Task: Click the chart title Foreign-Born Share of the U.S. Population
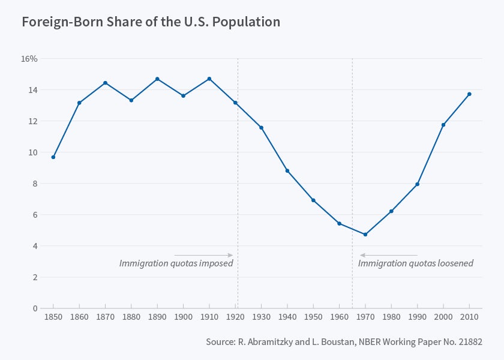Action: click(151, 22)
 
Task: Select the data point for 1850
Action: click(53, 157)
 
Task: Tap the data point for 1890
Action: click(157, 79)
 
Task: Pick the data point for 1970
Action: click(365, 235)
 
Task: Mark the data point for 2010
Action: click(469, 94)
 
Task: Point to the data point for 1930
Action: click(261, 128)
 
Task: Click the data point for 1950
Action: click(313, 200)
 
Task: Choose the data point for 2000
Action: click(443, 125)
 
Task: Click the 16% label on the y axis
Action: click(29, 59)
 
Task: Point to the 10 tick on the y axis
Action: click(32, 152)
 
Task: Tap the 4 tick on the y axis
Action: click(34, 246)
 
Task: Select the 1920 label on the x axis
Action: click(235, 317)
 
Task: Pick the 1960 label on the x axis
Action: click(339, 317)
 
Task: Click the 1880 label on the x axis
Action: click(131, 317)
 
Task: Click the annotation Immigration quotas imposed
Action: click(176, 263)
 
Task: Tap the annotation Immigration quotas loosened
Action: click(416, 263)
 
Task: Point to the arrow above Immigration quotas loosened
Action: click(388, 256)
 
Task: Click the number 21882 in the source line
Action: click(470, 341)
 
